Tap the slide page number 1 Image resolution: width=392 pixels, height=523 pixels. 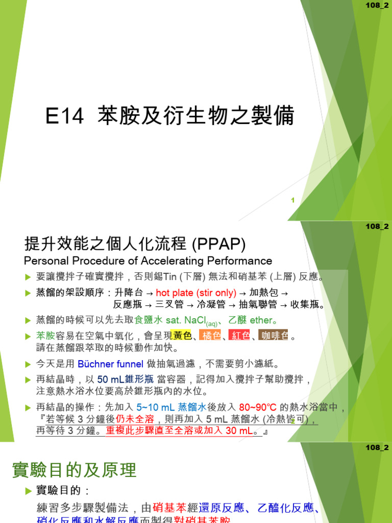click(x=293, y=201)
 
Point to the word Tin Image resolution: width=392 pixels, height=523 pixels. click(x=168, y=277)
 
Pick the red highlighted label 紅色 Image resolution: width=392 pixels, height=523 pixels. click(x=240, y=336)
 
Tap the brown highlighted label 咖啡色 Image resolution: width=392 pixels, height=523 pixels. click(x=274, y=336)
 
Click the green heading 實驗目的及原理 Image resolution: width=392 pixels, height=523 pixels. click(x=75, y=470)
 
